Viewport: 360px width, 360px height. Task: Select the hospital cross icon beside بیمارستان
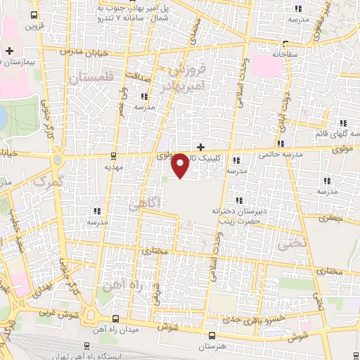pyautogui.click(x=8, y=51)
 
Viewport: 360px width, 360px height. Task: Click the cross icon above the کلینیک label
pyautogui.click(x=201, y=147)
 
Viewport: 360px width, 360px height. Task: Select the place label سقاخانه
pyautogui.click(x=274, y=53)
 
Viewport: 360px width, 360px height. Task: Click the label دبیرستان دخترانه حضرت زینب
pyautogui.click(x=237, y=215)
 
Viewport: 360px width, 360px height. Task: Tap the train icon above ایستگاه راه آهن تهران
pyautogui.click(x=86, y=345)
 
